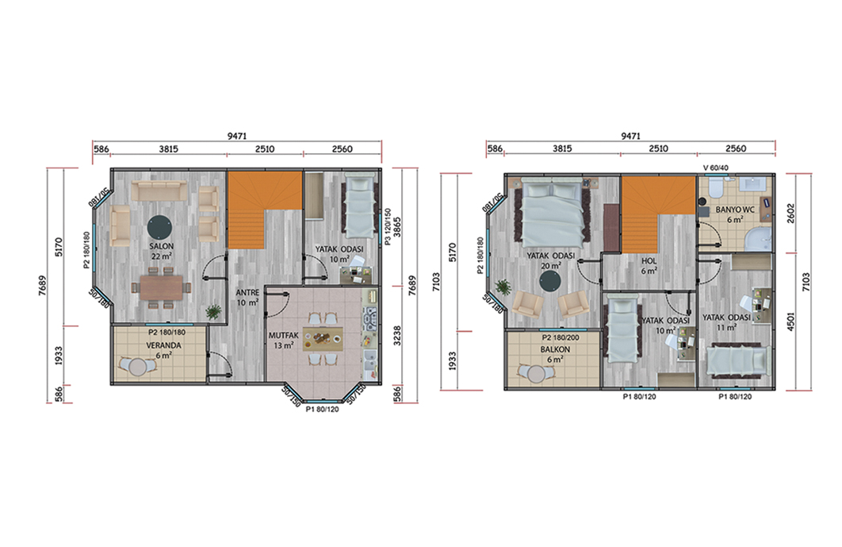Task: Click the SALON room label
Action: (x=162, y=246)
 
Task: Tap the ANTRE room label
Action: (x=247, y=293)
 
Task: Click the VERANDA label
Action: (x=164, y=345)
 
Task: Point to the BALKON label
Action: (x=555, y=349)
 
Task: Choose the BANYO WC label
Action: (x=735, y=210)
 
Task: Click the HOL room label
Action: (x=649, y=261)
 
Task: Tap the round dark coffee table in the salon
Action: (x=160, y=227)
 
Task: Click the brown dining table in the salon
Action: (x=161, y=288)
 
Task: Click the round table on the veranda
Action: (x=138, y=368)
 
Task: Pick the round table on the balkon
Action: (x=536, y=373)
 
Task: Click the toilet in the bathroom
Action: (x=715, y=188)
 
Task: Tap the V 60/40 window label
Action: (x=716, y=168)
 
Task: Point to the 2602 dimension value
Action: (x=790, y=214)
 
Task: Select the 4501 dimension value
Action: (x=790, y=321)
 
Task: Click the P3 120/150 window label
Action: (x=388, y=227)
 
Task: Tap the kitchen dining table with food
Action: (x=322, y=339)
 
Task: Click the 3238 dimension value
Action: (x=397, y=336)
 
